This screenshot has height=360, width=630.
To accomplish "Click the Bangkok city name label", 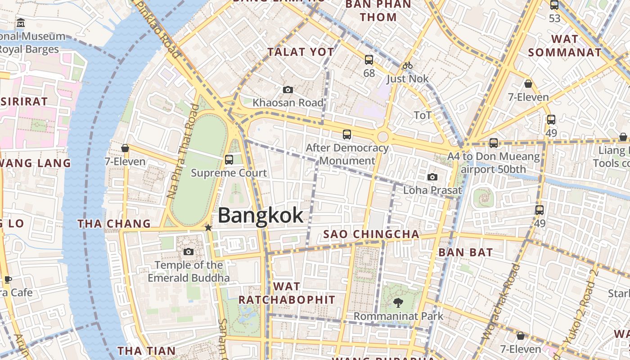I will (261, 216).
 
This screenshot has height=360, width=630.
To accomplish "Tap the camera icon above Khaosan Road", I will (288, 90).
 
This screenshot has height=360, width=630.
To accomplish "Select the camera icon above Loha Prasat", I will (432, 177).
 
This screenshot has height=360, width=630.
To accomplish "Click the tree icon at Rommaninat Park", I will (398, 302).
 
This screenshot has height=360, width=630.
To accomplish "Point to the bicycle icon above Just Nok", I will (408, 66).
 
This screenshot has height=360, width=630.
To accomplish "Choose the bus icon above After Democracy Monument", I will (346, 134).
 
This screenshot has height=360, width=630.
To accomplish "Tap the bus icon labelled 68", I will (369, 59).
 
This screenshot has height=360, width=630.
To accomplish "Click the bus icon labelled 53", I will (554, 5).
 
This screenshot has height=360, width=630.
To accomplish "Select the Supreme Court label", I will (229, 173).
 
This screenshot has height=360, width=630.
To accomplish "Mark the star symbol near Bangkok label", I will (208, 228).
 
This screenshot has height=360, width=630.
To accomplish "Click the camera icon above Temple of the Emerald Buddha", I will (189, 252).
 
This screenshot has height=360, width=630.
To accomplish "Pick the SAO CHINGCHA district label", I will (371, 234).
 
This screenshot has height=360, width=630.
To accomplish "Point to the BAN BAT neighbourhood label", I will (465, 252).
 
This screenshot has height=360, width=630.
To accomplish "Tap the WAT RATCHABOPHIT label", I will (287, 293).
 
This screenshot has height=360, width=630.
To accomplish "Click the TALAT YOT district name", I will (301, 52).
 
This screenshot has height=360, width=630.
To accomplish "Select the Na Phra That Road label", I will (182, 151).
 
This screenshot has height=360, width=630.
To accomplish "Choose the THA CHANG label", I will (114, 224).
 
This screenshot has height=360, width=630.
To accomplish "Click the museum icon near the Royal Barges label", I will (21, 22).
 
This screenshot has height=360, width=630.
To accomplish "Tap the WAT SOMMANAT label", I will (565, 45).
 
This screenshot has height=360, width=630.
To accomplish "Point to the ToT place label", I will (423, 115).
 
